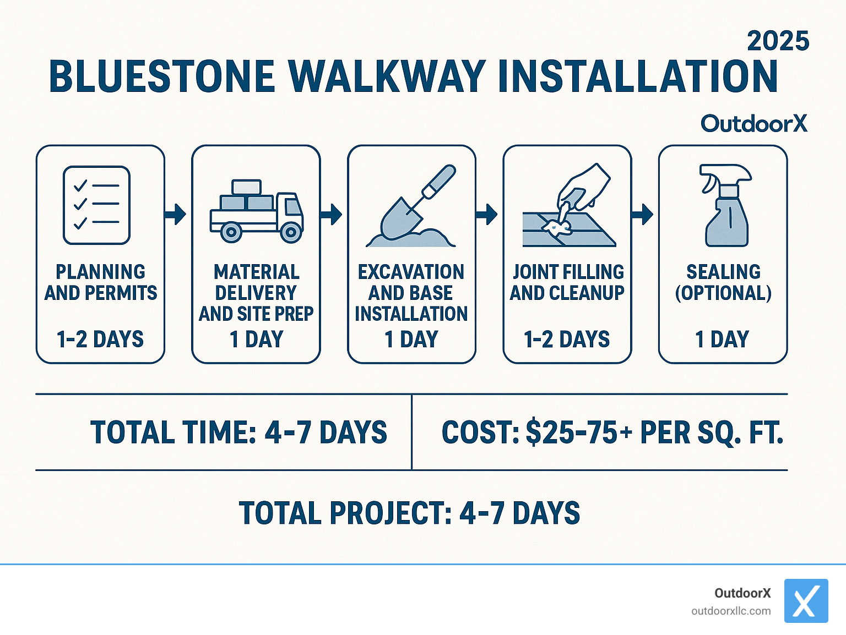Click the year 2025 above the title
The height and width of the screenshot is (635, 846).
pos(778,41)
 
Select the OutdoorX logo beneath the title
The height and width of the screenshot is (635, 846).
pos(753,124)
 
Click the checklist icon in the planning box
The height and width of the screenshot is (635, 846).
pos(97,205)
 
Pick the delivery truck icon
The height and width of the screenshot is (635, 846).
pos(256,211)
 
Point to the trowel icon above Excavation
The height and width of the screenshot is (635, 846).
pos(412,207)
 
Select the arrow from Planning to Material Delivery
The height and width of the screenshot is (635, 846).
pos(176,214)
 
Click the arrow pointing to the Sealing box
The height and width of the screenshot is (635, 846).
pos(643,214)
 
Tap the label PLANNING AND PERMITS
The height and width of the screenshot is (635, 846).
pos(101,282)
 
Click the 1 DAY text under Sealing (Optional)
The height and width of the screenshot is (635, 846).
pos(722,340)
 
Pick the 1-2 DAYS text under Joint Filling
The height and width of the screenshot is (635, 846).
pos(567,340)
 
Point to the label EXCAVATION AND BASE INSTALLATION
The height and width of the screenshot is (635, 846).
pos(411,293)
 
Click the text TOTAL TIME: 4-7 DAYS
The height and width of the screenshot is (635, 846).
pos(238,433)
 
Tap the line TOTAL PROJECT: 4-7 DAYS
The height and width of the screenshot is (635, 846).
pos(409,513)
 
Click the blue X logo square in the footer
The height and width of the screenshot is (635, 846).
pos(806,601)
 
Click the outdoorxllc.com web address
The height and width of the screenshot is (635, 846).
pos(731,611)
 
